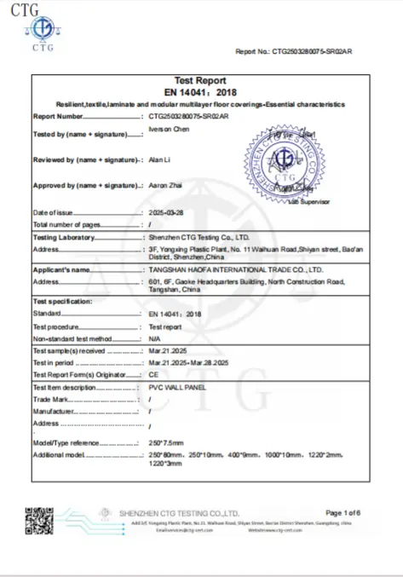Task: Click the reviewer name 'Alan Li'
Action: click(159, 159)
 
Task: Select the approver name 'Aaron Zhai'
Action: click(165, 185)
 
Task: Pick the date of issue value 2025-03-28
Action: click(166, 212)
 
